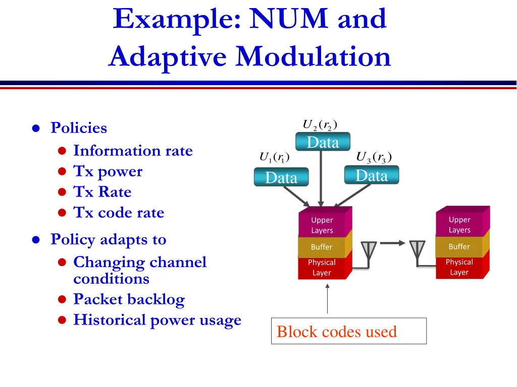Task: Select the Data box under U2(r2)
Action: [323, 143]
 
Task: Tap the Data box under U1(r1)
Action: [281, 177]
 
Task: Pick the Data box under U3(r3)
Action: [372, 175]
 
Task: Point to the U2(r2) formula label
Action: [320, 124]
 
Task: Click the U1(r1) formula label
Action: [274, 157]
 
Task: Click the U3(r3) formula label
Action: [374, 157]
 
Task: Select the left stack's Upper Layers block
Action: [322, 225]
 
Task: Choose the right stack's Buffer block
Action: [459, 246]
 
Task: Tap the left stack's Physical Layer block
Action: [322, 268]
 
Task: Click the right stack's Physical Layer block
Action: [459, 267]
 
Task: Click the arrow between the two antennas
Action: [392, 243]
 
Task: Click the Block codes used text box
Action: [348, 331]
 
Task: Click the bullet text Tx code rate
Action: [119, 213]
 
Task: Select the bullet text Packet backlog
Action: [129, 299]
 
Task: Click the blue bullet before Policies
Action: [36, 128]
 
